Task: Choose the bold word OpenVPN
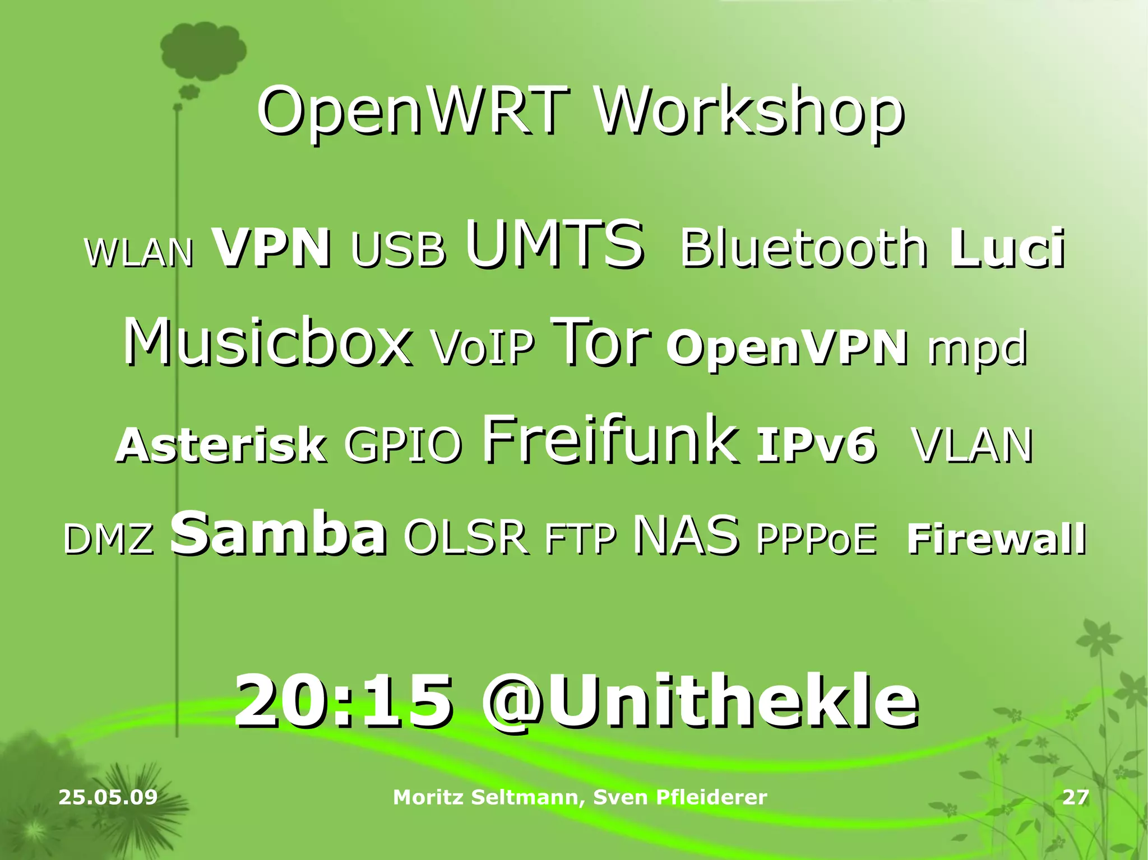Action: point(786,347)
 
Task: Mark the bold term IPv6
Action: point(816,445)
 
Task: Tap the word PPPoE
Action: point(816,538)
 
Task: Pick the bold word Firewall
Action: point(996,538)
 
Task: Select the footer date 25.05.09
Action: point(108,797)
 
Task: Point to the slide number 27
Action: point(1076,797)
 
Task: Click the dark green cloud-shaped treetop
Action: point(202,50)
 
